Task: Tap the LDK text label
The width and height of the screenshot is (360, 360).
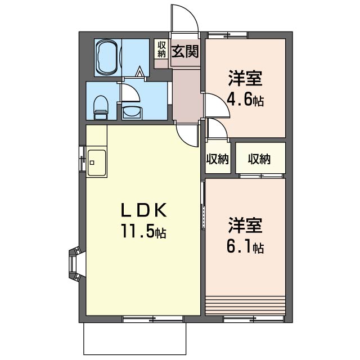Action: click(144, 210)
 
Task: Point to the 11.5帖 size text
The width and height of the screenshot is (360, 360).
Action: click(144, 231)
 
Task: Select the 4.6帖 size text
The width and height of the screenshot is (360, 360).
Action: click(245, 101)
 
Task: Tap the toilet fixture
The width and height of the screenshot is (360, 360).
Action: click(101, 106)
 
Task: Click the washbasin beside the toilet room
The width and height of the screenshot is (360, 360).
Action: click(132, 110)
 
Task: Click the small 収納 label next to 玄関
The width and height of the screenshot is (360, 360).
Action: click(161, 49)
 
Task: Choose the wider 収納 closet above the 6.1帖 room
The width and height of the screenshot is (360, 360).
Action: click(260, 159)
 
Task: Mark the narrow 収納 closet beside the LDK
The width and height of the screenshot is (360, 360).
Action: click(217, 159)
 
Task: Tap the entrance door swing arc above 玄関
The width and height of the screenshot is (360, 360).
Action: click(185, 20)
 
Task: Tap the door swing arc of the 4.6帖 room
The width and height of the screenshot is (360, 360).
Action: click(217, 106)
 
